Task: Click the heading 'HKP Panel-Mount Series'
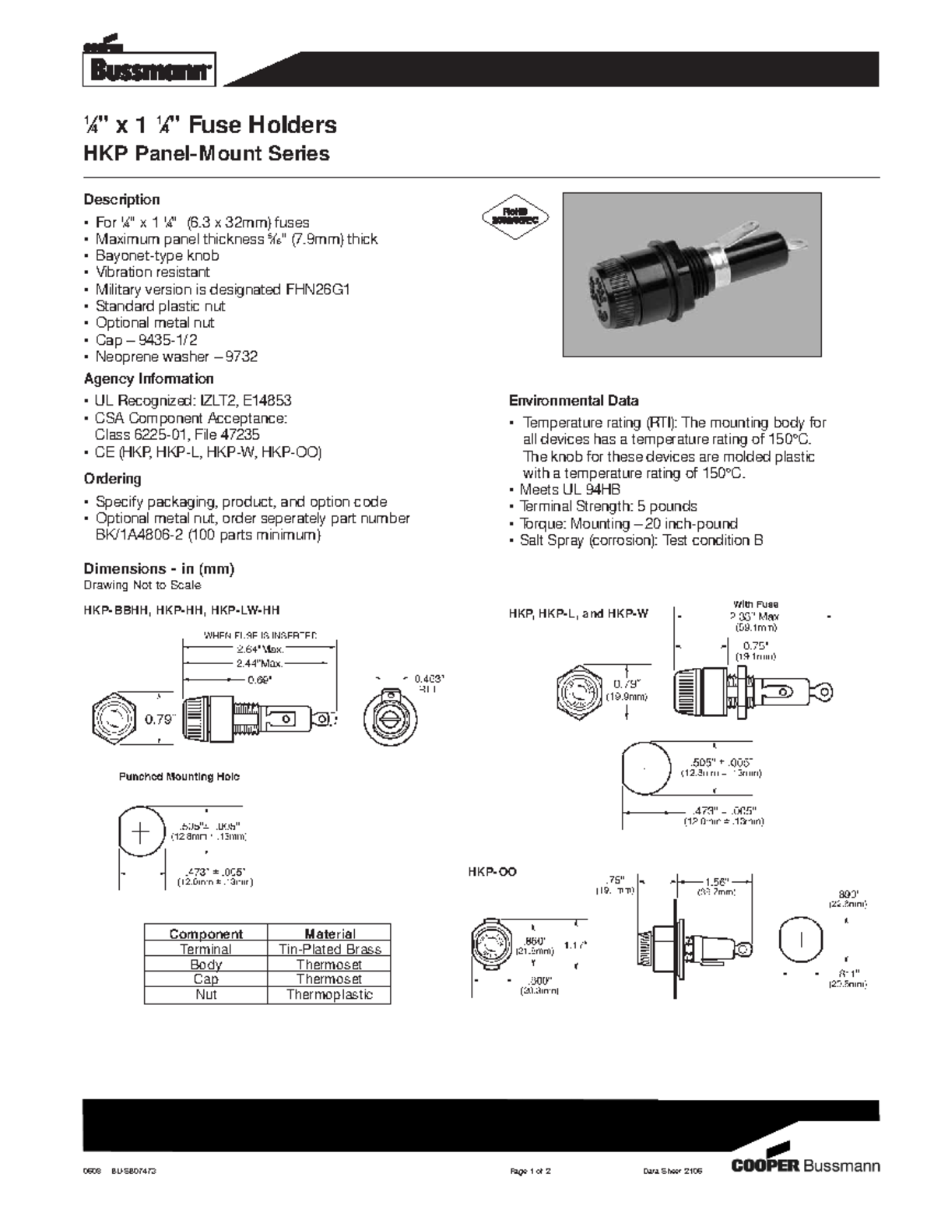click(206, 153)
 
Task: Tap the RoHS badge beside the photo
click(516, 215)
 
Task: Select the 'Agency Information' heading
click(149, 379)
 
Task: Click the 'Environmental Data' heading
click(574, 401)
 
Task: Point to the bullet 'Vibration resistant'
click(153, 272)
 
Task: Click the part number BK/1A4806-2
click(139, 536)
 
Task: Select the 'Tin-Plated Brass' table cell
click(329, 949)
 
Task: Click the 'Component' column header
click(205, 933)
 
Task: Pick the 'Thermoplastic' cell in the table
click(329, 994)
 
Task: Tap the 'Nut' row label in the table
click(205, 994)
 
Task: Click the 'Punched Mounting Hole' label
click(179, 776)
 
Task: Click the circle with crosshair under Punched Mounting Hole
click(141, 832)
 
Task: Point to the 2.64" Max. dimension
click(260, 648)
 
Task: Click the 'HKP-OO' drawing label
click(492, 872)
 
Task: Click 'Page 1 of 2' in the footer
click(530, 1171)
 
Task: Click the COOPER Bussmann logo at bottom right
click(806, 1165)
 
